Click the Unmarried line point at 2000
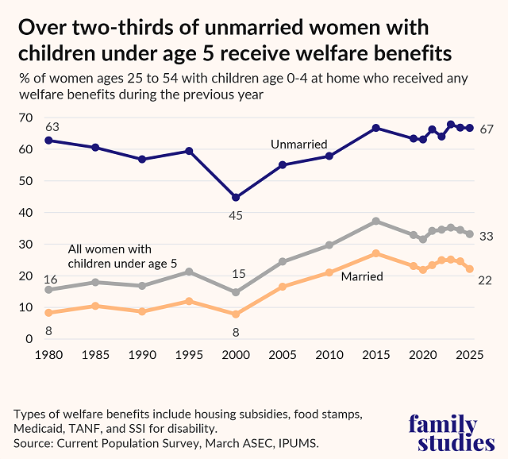pyautogui.click(x=235, y=197)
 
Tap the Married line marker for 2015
pyautogui.click(x=376, y=253)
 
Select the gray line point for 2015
pyautogui.click(x=376, y=221)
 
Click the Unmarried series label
pyautogui.click(x=298, y=144)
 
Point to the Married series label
pyautogui.click(x=362, y=276)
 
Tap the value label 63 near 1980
pyautogui.click(x=52, y=126)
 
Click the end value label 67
pyautogui.click(x=487, y=129)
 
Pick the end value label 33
pyautogui.click(x=487, y=236)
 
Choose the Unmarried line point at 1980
pyautogui.click(x=48, y=140)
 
